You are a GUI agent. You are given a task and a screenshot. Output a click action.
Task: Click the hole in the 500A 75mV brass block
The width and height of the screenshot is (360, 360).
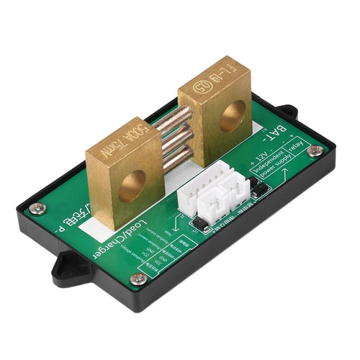[x=132, y=186]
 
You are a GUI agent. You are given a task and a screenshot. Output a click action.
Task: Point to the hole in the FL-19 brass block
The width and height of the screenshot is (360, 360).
[x=233, y=115]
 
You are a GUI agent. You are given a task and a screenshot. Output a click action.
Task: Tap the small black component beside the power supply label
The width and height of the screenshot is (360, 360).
[x=260, y=188]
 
